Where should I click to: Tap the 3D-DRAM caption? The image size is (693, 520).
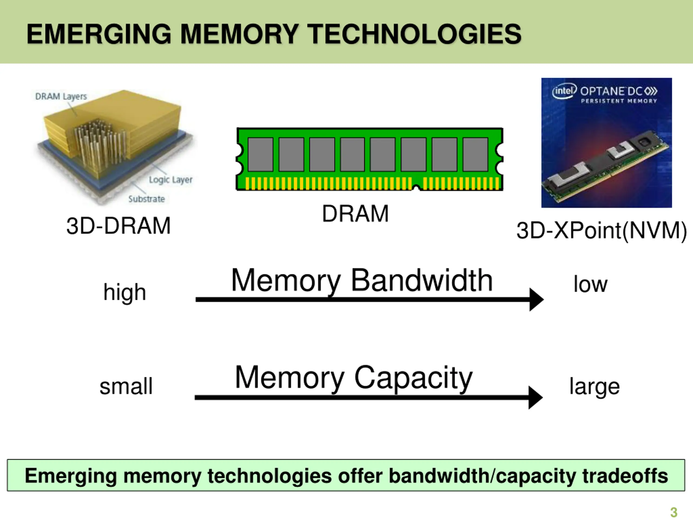coord(118,226)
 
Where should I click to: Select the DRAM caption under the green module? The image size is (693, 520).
coord(355,214)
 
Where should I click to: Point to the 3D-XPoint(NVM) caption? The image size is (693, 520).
coord(602,231)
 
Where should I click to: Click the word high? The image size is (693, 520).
coord(125,292)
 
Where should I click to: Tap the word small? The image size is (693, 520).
coord(126,386)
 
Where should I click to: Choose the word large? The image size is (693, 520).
coord(594,387)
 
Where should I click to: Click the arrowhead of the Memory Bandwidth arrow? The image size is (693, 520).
coord(536,300)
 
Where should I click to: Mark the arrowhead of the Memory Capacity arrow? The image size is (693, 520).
coord(535,397)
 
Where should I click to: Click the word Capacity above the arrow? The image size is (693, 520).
coord(413,379)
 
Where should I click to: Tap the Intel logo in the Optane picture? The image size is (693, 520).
coord(564,91)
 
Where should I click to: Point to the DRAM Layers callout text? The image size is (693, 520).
coord(61,96)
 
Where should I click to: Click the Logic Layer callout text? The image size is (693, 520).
coord(171,180)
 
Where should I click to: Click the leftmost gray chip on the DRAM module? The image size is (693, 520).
coord(260,155)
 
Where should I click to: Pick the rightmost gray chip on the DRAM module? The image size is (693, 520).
coord(475,155)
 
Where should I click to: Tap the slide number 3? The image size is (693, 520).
coord(674,512)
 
